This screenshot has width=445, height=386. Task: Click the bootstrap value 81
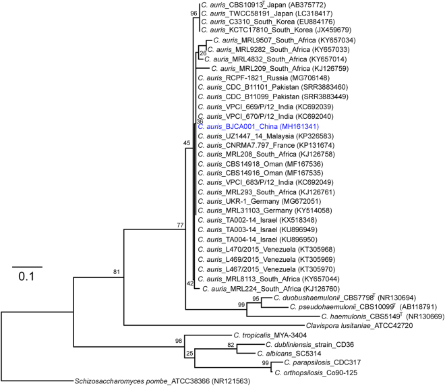pos(117,272)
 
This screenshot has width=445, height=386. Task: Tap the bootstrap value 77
pos(180,225)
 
